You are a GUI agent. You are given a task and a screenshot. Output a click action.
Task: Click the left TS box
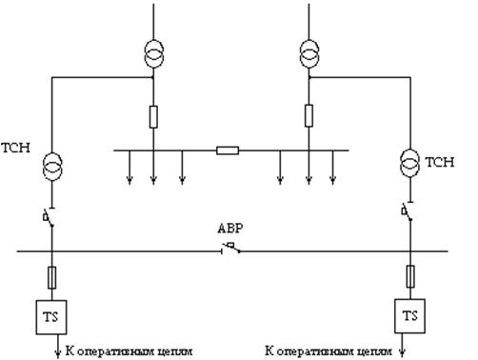51,317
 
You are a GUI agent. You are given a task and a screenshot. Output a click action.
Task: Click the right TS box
410,316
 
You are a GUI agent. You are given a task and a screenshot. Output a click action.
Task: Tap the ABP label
230,229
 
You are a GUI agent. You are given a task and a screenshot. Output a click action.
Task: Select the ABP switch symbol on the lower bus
230,249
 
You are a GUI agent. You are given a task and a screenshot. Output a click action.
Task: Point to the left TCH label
16,148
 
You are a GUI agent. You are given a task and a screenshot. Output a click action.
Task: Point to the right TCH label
440,162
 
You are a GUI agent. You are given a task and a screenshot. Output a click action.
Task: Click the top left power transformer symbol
154,53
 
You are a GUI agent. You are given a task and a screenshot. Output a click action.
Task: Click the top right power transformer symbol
309,53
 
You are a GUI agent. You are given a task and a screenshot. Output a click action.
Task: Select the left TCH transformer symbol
52,167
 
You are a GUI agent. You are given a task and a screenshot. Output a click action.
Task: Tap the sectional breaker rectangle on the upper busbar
228,150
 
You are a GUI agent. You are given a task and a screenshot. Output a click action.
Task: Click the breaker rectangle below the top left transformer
153,117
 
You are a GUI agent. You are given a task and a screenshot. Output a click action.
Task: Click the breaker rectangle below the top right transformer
309,116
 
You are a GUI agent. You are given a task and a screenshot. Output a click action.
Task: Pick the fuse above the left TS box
51,278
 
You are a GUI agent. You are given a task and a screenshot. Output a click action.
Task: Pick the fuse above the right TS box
410,276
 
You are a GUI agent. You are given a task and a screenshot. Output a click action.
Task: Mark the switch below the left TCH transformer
50,217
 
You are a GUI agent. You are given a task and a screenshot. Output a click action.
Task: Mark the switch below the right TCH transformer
408,210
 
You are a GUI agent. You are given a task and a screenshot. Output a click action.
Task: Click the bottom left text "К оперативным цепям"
129,351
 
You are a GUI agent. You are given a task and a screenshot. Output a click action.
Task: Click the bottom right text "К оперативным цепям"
329,351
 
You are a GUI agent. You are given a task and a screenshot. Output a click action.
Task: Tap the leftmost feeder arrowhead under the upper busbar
129,180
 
